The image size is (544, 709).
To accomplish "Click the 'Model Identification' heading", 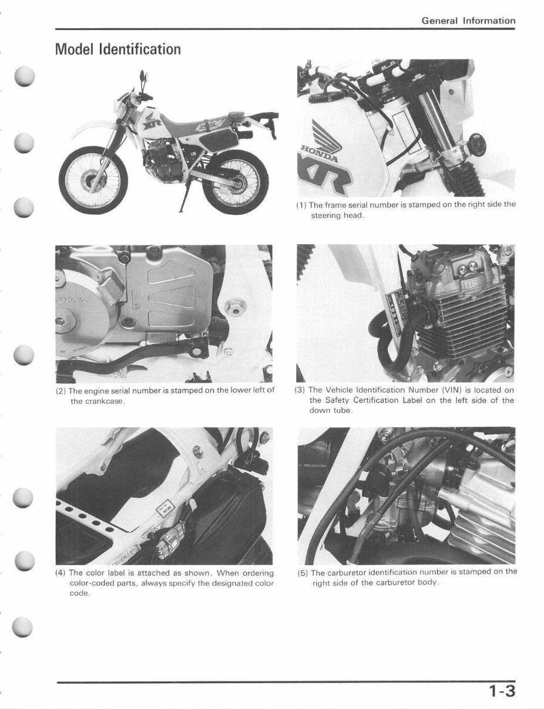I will (x=117, y=49).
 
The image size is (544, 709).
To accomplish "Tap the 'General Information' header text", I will (x=468, y=21).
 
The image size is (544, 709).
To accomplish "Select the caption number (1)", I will (x=301, y=205).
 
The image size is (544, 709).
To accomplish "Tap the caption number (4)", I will (x=61, y=573).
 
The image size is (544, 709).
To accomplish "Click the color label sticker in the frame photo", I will (x=166, y=509).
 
